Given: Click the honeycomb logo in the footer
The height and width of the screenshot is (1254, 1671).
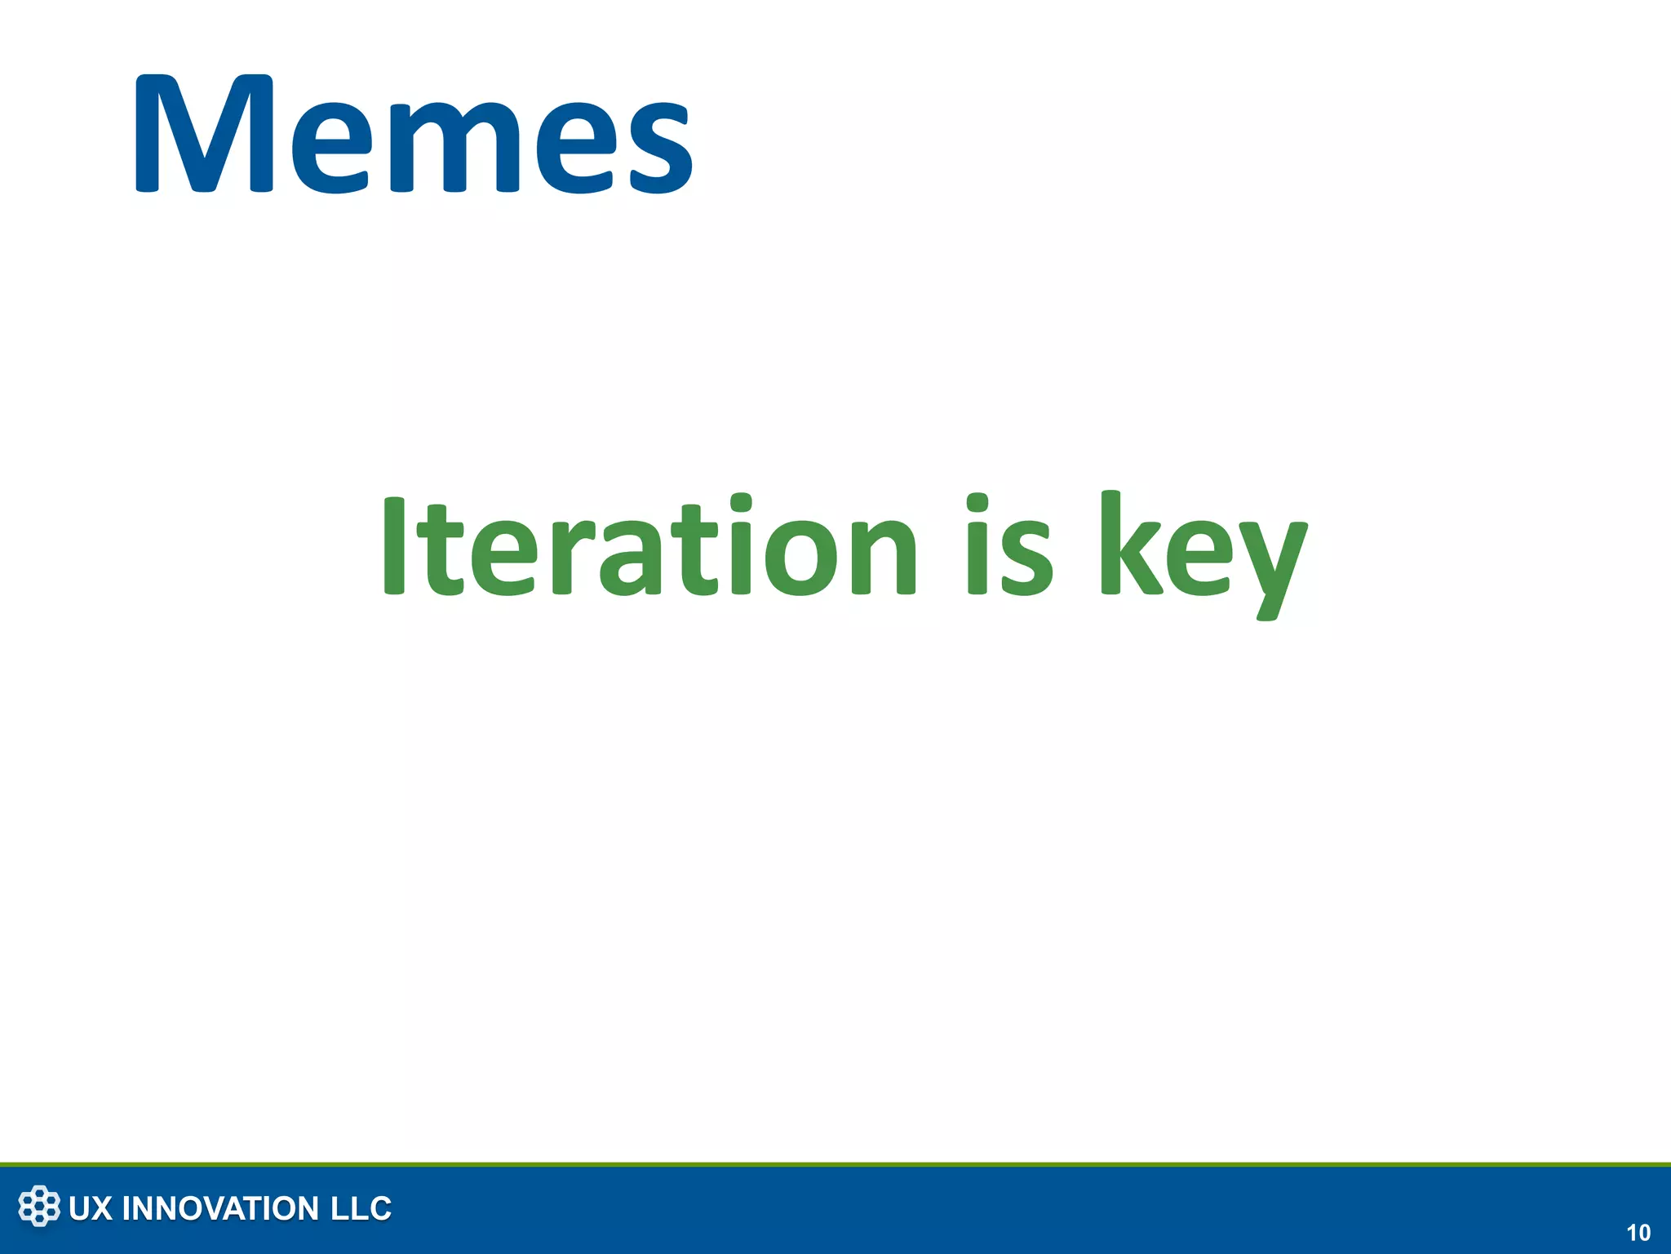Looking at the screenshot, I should (x=39, y=1207).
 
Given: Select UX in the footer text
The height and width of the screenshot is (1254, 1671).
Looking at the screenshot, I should (x=91, y=1209).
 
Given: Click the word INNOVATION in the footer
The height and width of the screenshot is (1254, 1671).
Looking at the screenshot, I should (x=220, y=1209).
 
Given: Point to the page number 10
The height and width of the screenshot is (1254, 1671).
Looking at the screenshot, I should (x=1638, y=1233).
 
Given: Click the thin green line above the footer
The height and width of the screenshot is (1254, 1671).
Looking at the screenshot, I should (x=835, y=1164).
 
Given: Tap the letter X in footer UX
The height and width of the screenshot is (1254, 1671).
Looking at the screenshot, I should (x=101, y=1209).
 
